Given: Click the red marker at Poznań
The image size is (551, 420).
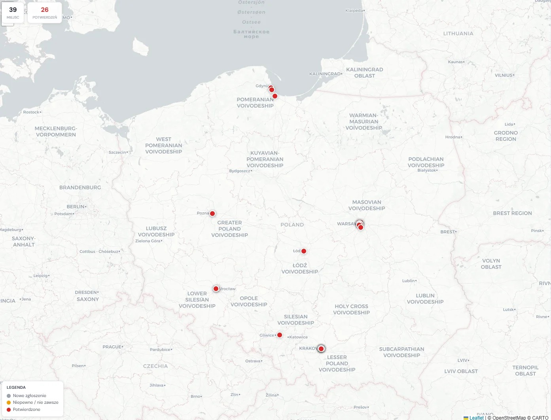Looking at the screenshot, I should (212, 214).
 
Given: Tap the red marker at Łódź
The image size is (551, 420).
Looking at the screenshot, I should (304, 251).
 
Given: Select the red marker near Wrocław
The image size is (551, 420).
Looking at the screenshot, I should (216, 289).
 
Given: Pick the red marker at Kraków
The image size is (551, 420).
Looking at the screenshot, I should (321, 349).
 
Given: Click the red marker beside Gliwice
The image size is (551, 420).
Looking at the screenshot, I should (280, 335).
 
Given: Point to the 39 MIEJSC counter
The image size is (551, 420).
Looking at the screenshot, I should (13, 13).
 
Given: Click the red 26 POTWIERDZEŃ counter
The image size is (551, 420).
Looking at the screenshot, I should (45, 13).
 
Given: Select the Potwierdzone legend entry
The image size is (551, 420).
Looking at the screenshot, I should (26, 409).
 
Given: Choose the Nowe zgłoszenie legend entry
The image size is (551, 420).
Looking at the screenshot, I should (29, 395).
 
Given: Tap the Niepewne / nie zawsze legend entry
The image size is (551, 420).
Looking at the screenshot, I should (35, 402).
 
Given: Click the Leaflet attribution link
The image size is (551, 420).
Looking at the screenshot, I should (476, 418).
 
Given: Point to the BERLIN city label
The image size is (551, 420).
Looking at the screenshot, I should (76, 206).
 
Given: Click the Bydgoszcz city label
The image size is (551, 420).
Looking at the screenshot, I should (240, 171).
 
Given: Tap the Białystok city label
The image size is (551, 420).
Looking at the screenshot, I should (426, 170).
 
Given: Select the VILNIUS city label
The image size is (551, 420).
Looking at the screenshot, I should (504, 75).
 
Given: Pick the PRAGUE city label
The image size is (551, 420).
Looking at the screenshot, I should (112, 347).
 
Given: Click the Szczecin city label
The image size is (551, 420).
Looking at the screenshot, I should (117, 152).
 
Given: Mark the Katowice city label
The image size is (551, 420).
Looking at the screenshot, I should (298, 337).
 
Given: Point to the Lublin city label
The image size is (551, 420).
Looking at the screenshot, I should (409, 281).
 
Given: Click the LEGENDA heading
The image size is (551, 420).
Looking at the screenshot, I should (16, 388).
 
